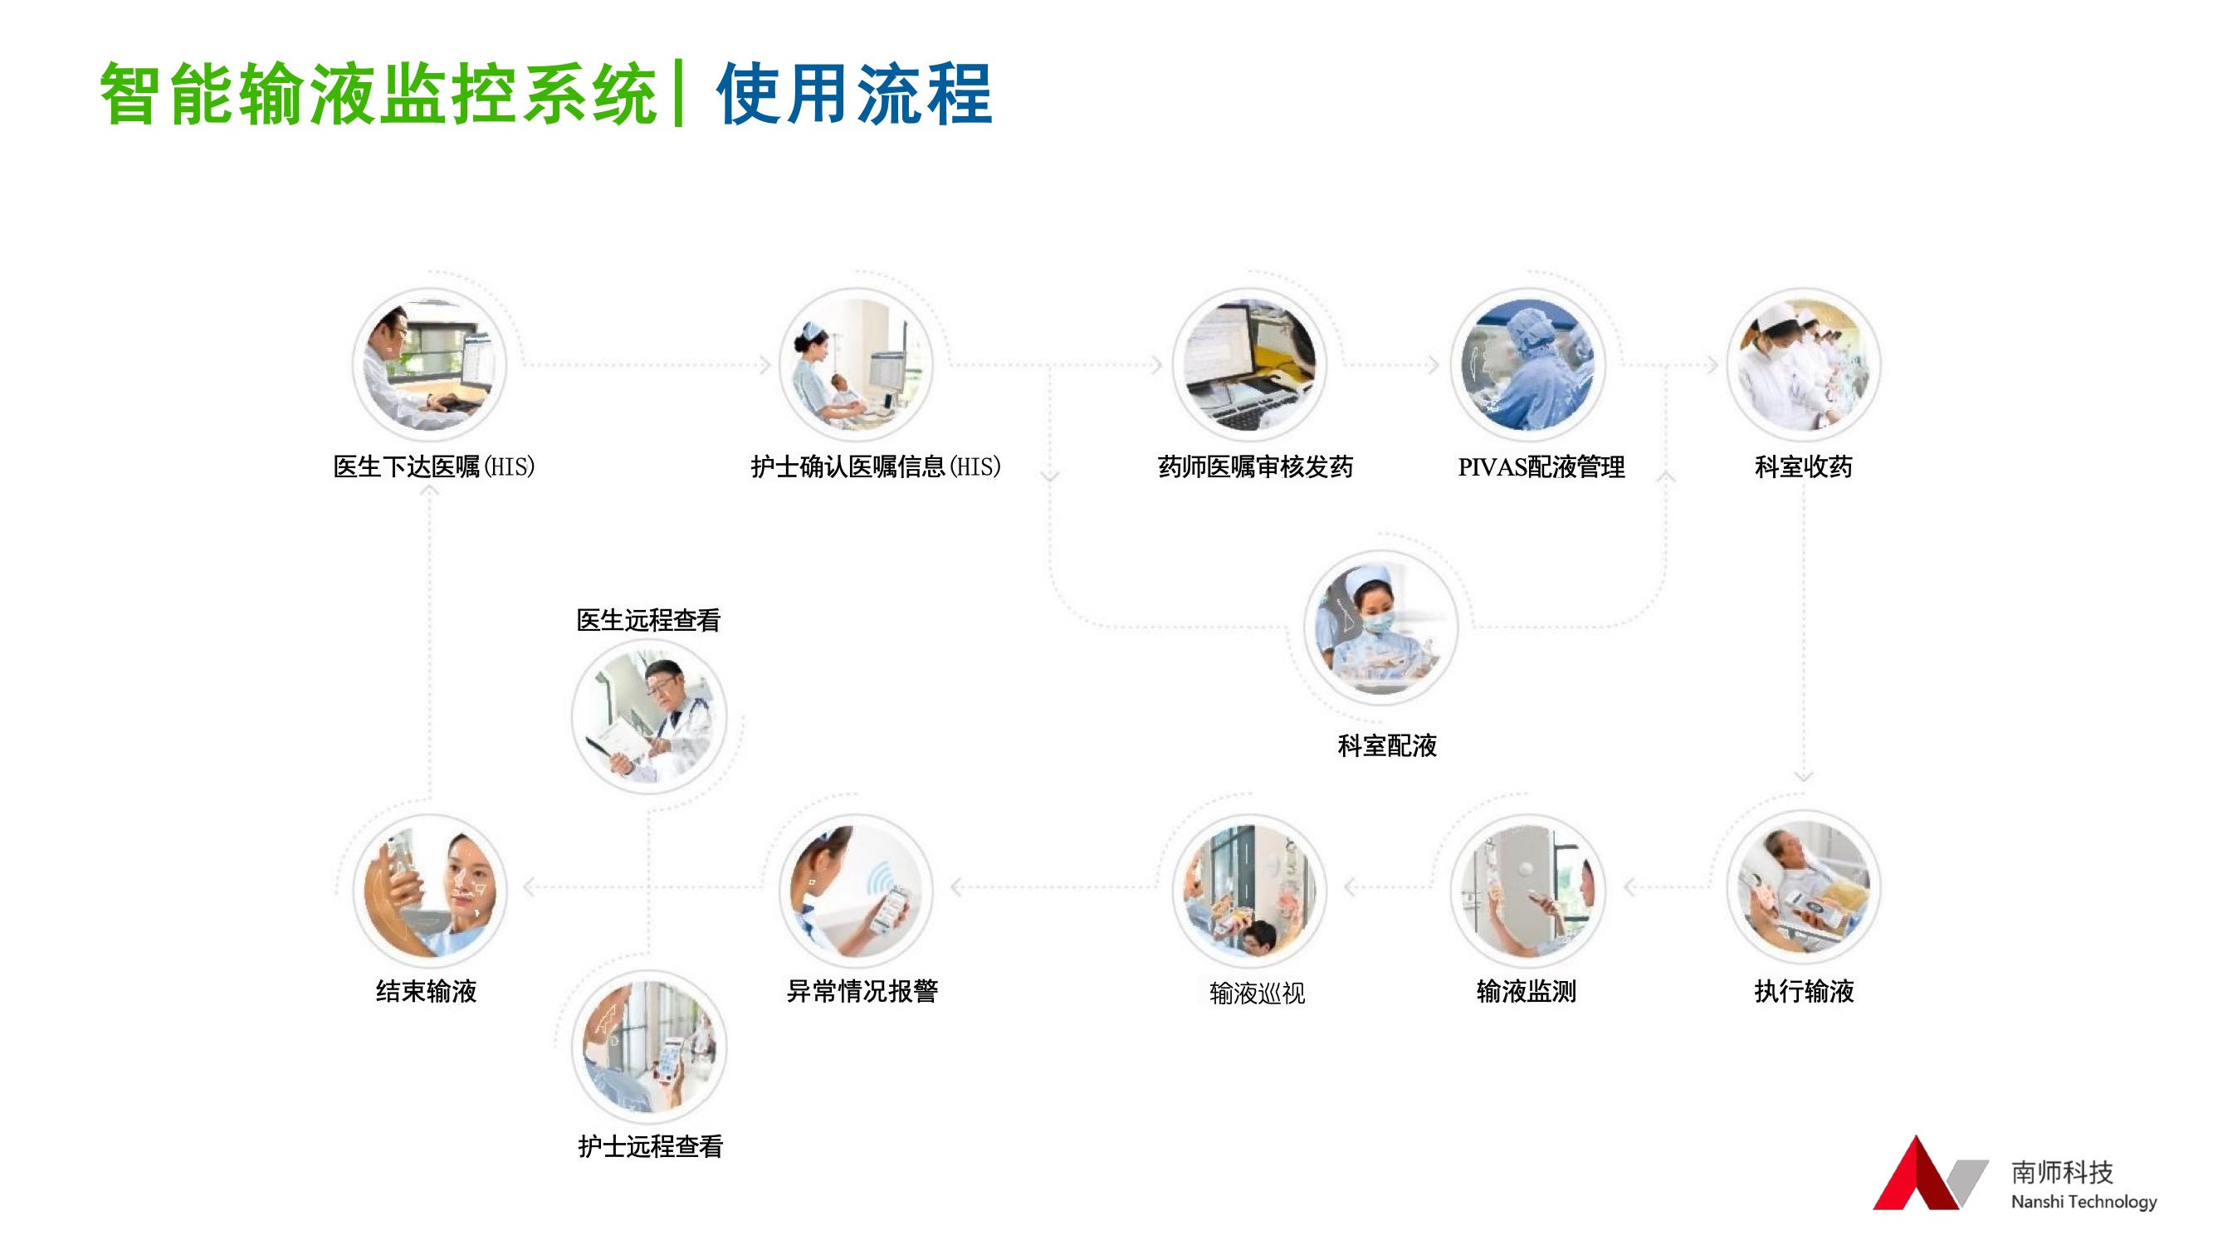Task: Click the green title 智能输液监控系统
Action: click(379, 94)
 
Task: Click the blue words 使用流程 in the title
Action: click(855, 94)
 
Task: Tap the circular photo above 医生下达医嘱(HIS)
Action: click(429, 365)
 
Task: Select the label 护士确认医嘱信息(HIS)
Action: click(876, 466)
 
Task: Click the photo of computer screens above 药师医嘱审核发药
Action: click(1250, 365)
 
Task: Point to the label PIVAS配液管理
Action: click(1541, 467)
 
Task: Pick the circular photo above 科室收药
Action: click(1804, 365)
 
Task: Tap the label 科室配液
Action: click(1386, 746)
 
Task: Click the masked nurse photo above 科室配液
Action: click(1381, 628)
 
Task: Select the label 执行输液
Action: click(1804, 992)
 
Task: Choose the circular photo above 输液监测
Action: click(1527, 890)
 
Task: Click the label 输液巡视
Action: click(1257, 994)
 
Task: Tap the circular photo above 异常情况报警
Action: click(856, 890)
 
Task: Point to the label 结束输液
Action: click(426, 992)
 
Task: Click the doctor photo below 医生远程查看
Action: click(648, 715)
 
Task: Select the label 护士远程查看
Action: click(650, 1146)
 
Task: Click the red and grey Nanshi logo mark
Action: click(1929, 1174)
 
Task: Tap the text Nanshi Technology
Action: click(2084, 1201)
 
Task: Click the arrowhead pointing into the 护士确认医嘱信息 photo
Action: click(765, 365)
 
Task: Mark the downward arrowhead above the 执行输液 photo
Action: click(1803, 777)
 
